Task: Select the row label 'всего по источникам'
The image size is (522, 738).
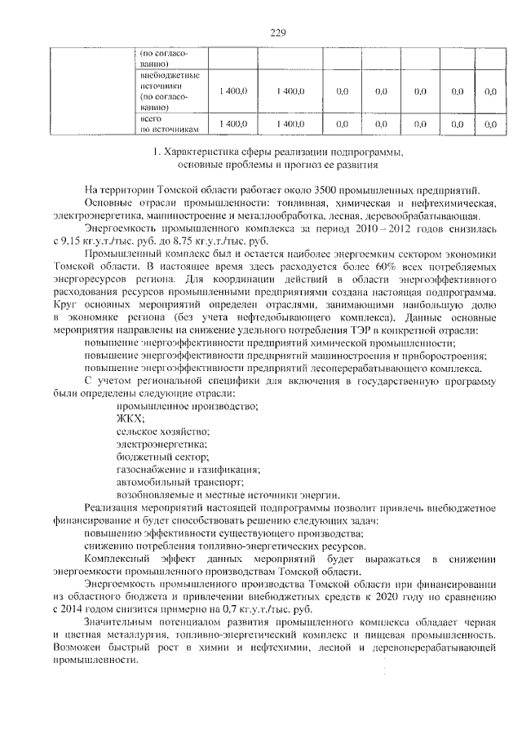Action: [x=165, y=124]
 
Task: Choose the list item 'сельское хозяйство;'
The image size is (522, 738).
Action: [x=162, y=431]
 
